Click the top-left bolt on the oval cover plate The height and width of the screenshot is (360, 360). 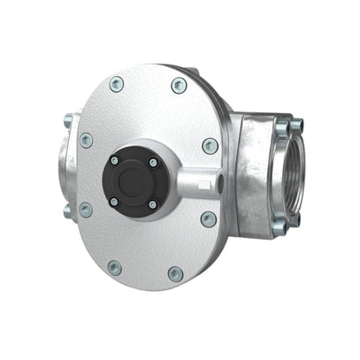tap(116, 84)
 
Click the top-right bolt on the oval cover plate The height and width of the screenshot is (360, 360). tap(180, 86)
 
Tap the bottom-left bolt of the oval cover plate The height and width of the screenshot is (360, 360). tap(115, 265)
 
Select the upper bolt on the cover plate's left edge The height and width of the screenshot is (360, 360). tap(86, 140)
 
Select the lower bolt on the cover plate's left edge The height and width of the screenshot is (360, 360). tap(85, 210)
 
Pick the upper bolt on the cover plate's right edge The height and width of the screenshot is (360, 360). tap(210, 145)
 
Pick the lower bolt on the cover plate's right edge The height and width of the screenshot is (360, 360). tap(209, 218)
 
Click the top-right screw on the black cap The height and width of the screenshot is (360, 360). tap(152, 163)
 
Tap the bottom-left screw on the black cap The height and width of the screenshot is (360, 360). tap(113, 203)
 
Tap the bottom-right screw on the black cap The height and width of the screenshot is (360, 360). tap(152, 204)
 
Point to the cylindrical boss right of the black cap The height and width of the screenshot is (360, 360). tap(196, 181)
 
